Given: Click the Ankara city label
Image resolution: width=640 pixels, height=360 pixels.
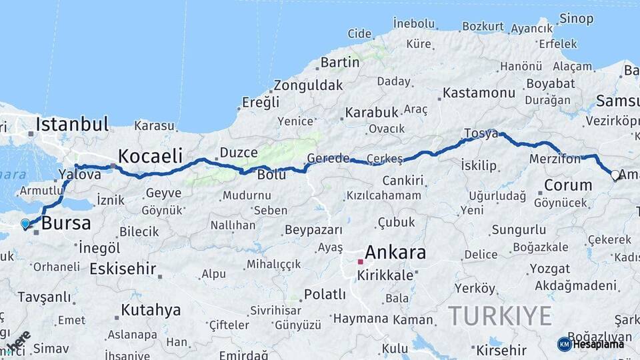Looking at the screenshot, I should [x=395, y=253].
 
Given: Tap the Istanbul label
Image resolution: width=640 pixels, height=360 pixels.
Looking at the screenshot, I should [x=72, y=124].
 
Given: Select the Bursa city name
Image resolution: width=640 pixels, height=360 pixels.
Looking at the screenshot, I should [x=66, y=223].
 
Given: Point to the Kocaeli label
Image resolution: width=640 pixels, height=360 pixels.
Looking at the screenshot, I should [x=150, y=157].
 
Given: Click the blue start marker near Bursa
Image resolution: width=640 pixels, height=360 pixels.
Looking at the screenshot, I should [x=25, y=224].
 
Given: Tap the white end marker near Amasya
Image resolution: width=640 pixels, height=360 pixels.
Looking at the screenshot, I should [x=615, y=175].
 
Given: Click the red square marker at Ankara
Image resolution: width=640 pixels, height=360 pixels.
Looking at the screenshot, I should [x=360, y=262].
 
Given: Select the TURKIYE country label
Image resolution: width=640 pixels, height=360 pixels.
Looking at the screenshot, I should [x=499, y=315].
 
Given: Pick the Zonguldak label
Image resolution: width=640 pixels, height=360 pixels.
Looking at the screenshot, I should [x=308, y=85].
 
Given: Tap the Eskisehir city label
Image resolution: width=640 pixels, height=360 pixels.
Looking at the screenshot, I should [x=123, y=270].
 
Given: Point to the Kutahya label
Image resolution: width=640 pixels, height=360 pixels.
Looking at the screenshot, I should [x=150, y=310].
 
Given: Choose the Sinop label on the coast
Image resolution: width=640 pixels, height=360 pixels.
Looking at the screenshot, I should [x=576, y=18].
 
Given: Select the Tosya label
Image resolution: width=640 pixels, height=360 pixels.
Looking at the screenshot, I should [x=481, y=133].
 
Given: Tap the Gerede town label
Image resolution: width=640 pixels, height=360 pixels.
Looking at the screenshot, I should [x=328, y=159].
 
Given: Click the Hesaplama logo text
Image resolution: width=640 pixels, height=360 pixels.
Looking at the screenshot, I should [x=597, y=344].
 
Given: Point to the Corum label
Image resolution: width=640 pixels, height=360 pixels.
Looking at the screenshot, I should [x=568, y=185].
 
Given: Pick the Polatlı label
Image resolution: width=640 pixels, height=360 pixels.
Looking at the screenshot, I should [x=325, y=294].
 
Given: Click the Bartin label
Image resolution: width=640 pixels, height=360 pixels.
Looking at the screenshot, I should [x=340, y=63].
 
